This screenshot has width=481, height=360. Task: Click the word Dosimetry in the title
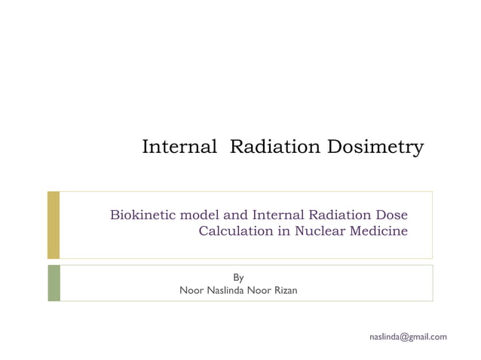coord(375,147)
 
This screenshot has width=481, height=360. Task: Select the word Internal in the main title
coord(179,147)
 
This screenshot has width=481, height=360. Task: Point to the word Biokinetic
coord(142,215)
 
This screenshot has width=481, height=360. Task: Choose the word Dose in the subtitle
coord(393,215)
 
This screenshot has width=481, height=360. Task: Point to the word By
coord(238,278)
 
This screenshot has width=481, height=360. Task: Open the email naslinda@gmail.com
coord(408,336)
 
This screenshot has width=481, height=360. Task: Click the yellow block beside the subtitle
coord(53,224)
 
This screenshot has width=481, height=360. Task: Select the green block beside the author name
coord(53,283)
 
